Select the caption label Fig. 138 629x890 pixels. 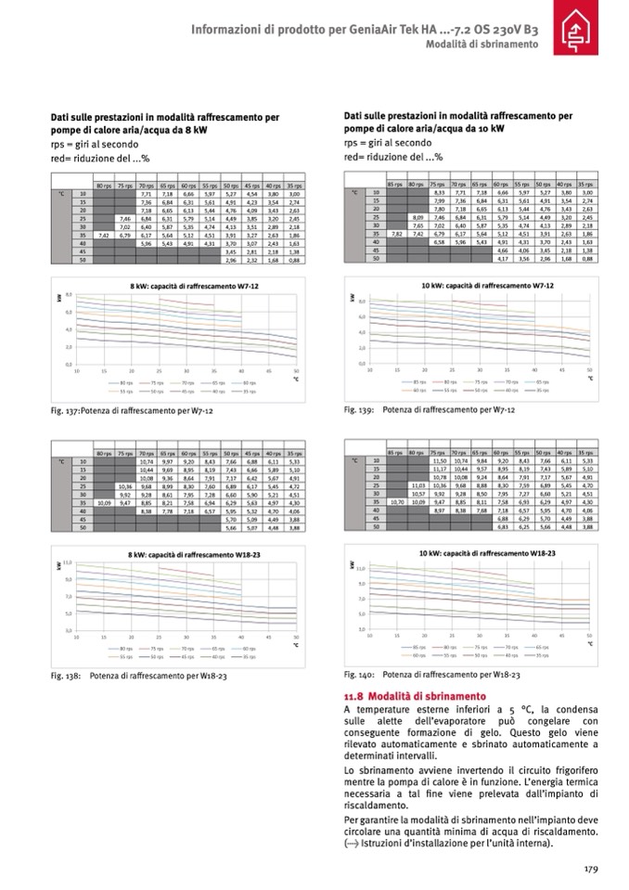[65, 676]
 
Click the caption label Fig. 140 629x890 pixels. [358, 675]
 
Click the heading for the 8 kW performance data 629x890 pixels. [164, 123]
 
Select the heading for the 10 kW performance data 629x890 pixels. [457, 122]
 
